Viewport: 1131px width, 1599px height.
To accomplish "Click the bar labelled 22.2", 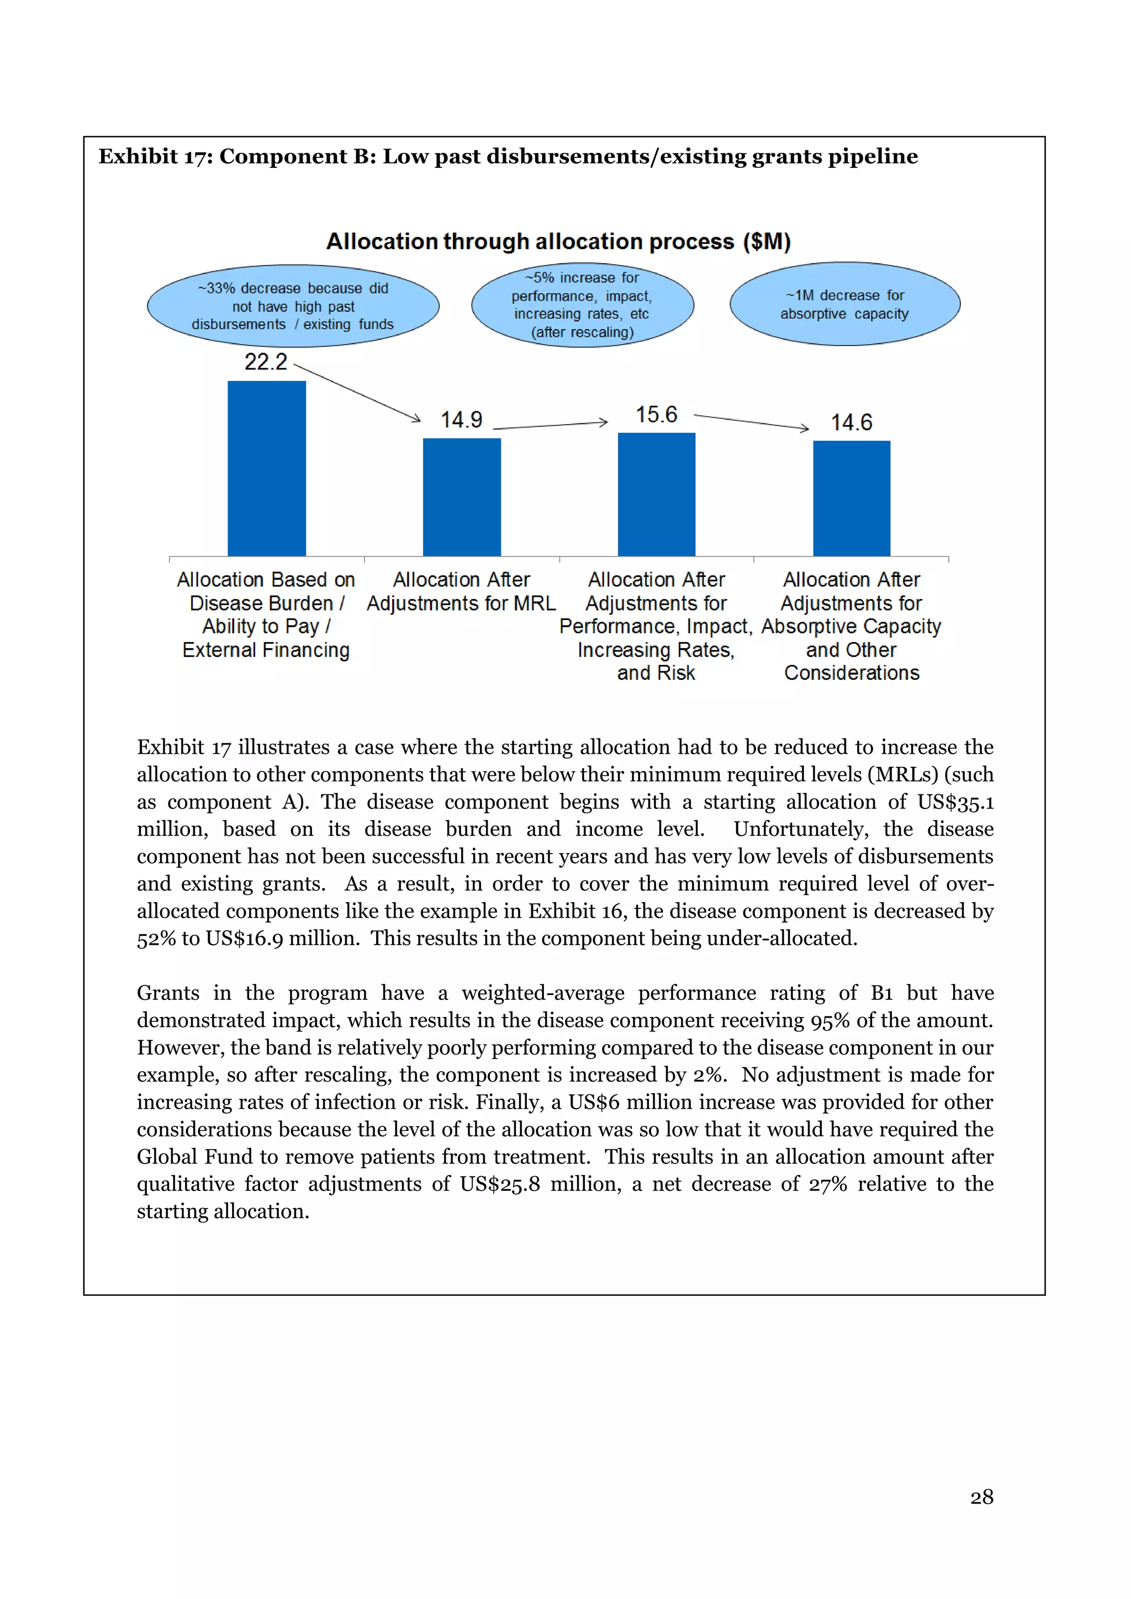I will [x=267, y=468].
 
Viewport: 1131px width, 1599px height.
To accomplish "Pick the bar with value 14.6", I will [x=851, y=498].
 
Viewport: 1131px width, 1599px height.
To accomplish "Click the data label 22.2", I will [x=265, y=362].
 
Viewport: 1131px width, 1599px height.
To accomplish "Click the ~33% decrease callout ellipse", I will [x=293, y=306].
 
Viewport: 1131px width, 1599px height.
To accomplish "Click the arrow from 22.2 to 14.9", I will [x=357, y=393].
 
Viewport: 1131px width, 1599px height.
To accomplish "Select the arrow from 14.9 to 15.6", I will [x=550, y=425].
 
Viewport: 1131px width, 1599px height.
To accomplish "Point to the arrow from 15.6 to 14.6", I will [x=752, y=422].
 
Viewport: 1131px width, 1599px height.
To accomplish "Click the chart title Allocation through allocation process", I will [x=558, y=242].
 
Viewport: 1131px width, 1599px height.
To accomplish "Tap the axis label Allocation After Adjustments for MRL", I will [x=461, y=591].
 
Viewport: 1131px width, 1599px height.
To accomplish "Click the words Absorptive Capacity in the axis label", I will [x=850, y=627].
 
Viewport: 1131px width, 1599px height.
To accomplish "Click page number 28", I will [x=981, y=1497].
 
